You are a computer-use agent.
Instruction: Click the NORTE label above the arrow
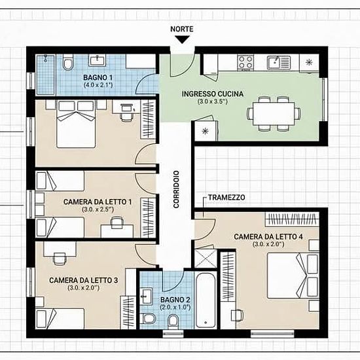pos(182,29)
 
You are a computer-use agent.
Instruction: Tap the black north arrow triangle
pos(182,39)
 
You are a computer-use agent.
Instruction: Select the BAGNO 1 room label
pos(98,77)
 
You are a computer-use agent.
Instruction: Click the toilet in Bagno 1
pos(67,62)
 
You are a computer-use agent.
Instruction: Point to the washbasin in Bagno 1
pos(98,60)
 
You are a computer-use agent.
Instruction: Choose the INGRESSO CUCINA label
pos(213,94)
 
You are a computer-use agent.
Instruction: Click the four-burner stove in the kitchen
pos(245,62)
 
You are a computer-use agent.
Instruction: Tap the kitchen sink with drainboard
pos(278,62)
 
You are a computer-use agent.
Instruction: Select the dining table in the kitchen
pos(274,114)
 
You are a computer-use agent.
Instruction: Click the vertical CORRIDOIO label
pos(176,189)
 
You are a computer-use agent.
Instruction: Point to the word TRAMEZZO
pos(226,198)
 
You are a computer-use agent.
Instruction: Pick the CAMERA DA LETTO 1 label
pos(98,202)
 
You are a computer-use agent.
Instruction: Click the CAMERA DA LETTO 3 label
pos(84,280)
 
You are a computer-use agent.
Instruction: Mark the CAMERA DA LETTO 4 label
pos(268,237)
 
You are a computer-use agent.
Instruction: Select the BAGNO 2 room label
pos(175,300)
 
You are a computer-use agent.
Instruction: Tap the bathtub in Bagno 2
pos(206,300)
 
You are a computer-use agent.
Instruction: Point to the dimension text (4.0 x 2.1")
pos(98,85)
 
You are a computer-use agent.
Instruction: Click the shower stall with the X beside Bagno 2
pos(206,259)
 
